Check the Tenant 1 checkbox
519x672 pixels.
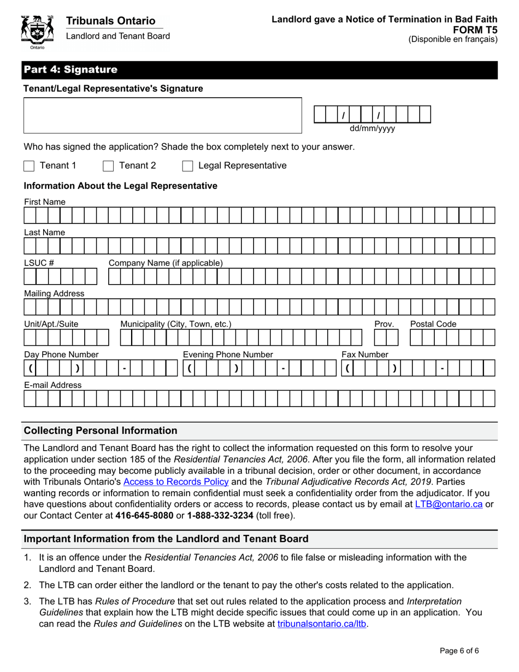click(30, 166)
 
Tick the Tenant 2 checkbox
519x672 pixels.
click(108, 166)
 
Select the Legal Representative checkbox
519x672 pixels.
click(187, 166)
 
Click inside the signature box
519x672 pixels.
click(162, 115)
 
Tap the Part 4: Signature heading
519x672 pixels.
click(70, 70)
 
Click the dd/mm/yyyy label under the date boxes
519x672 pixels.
click(372, 129)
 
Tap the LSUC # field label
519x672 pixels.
click(39, 263)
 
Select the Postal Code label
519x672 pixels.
click(433, 324)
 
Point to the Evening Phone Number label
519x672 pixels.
click(227, 355)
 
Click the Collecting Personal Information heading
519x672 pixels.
click(101, 431)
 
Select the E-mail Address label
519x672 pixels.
click(52, 385)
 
